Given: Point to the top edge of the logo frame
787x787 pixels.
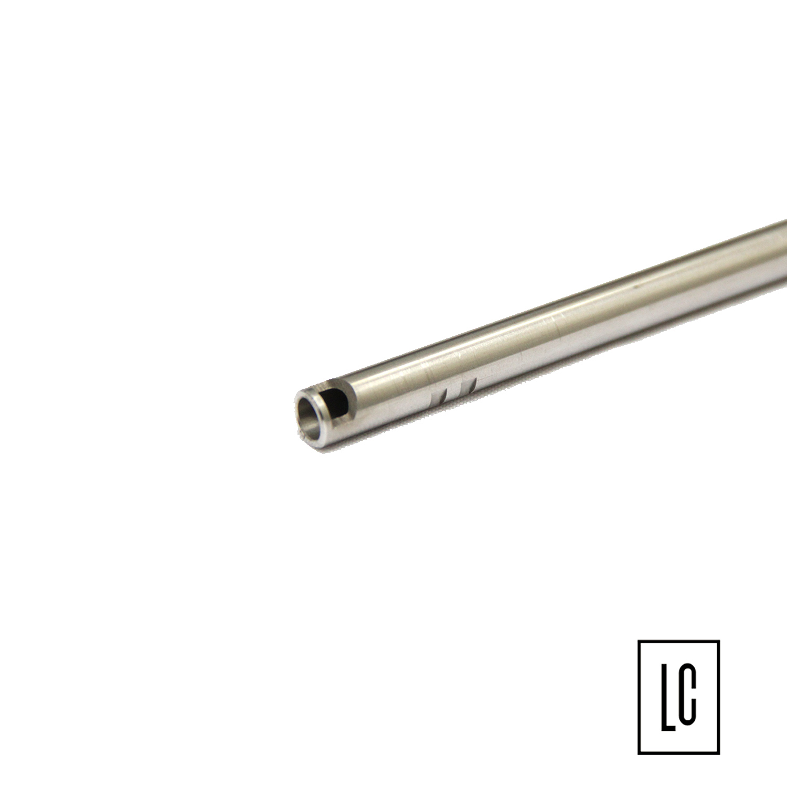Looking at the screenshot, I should (678, 641).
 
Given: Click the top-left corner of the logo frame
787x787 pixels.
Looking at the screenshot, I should (639, 641).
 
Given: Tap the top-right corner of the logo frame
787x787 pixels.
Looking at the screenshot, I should (718, 641).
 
